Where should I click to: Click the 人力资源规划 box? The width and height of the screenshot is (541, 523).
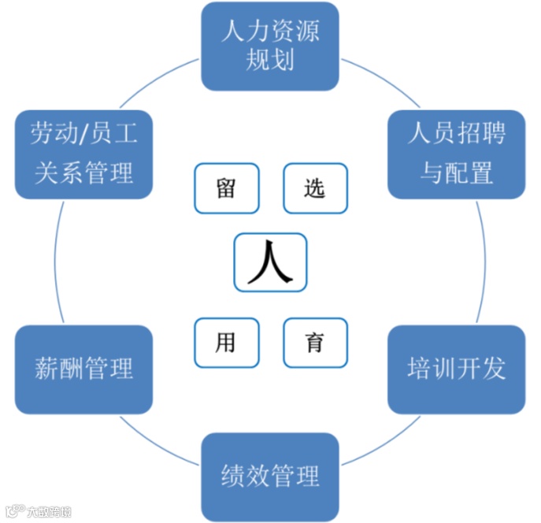(270, 46)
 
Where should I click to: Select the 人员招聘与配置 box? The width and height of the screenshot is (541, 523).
(456, 154)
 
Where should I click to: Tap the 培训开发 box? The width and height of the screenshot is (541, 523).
(456, 369)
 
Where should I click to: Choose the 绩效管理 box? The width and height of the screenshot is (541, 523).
(270, 476)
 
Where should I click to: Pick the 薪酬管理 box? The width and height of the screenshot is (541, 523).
(83, 369)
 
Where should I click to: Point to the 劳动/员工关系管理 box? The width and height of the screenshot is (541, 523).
(83, 154)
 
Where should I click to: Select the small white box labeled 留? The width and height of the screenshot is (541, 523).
(226, 188)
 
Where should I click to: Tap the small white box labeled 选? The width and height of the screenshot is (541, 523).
(314, 188)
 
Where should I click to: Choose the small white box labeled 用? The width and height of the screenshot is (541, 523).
(226, 343)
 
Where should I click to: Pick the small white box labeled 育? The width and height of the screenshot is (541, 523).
(314, 343)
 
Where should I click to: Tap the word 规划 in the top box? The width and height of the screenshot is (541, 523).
(270, 60)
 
